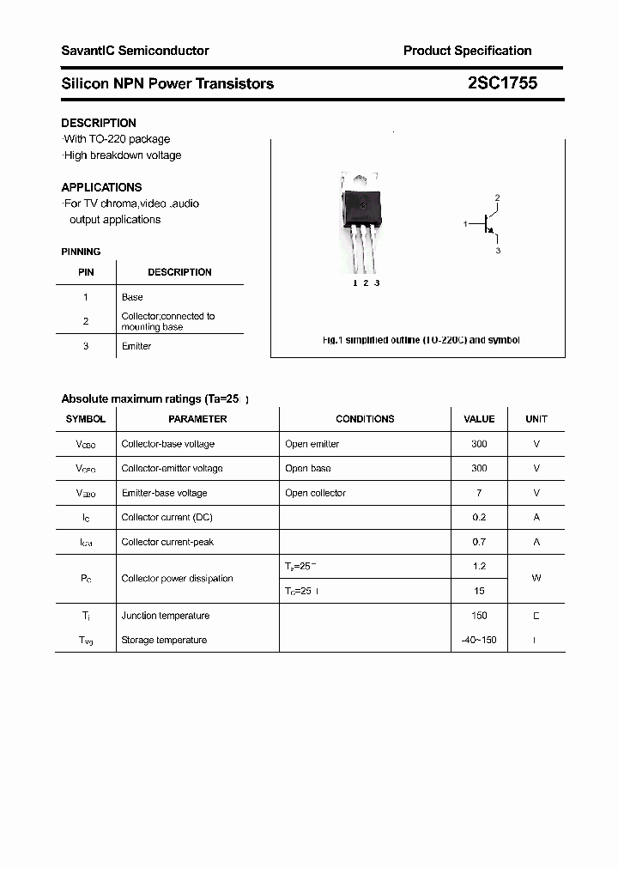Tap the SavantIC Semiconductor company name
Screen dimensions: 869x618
tap(135, 51)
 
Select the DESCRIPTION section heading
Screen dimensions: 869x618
tap(99, 123)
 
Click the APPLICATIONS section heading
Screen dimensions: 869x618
tap(101, 187)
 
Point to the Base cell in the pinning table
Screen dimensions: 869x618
tap(132, 297)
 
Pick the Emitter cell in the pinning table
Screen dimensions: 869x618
tap(136, 346)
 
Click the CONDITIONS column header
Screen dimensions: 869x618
tap(365, 419)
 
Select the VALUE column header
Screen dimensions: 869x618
tap(479, 419)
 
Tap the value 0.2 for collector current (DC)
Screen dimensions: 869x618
tap(479, 518)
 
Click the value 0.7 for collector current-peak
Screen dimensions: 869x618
tap(479, 542)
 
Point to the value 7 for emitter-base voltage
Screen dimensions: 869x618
tap(479, 493)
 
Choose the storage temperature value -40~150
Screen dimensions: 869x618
tap(479, 641)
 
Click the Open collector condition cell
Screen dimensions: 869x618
tap(315, 493)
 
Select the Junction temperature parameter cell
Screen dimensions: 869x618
tap(165, 616)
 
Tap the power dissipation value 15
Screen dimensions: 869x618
tap(479, 591)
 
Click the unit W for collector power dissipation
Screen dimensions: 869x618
tap(536, 578)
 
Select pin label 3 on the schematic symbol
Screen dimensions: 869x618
tap(498, 251)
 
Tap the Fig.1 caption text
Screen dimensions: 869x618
tap(421, 340)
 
